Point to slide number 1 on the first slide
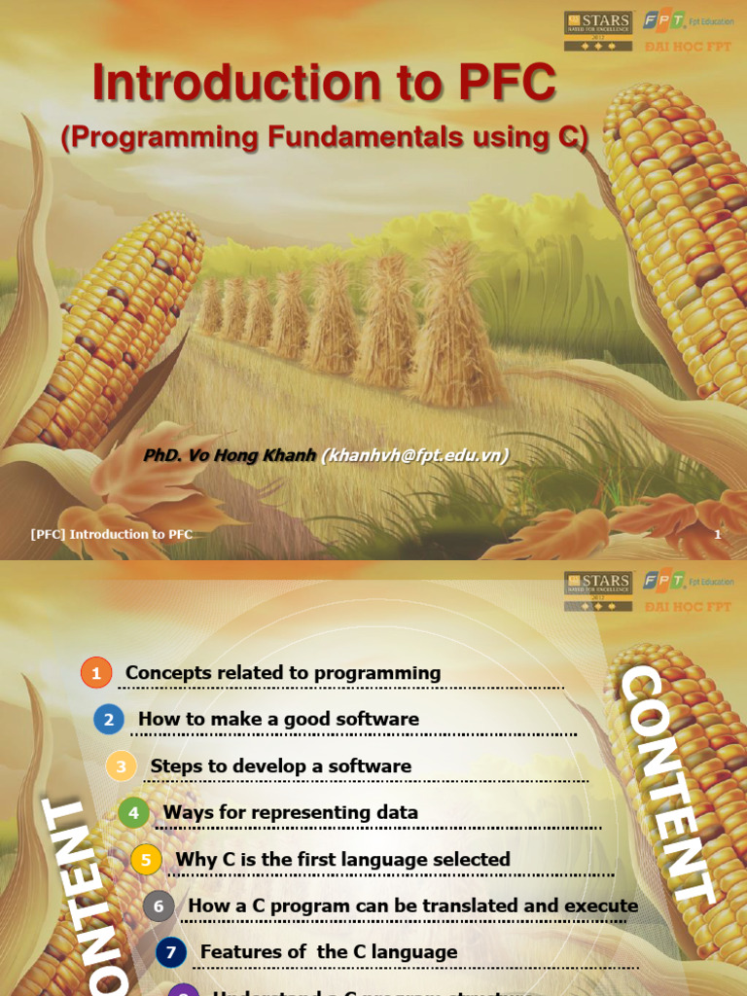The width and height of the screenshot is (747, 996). tap(718, 534)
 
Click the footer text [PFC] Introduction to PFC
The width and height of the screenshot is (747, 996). tap(112, 534)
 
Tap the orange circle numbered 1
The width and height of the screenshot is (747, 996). tap(96, 673)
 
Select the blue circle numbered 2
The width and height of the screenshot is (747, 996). tap(109, 720)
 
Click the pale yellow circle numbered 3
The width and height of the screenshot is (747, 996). tap(122, 766)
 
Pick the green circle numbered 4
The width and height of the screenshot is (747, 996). tap(134, 813)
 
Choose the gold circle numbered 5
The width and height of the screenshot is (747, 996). tap(147, 860)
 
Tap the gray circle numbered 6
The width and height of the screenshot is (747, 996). tap(160, 907)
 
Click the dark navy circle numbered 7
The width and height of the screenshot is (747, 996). tap(171, 952)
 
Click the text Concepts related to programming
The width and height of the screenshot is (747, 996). tap(283, 673)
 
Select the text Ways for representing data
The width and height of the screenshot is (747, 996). tap(291, 812)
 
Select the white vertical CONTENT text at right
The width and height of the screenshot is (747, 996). tap(666, 783)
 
